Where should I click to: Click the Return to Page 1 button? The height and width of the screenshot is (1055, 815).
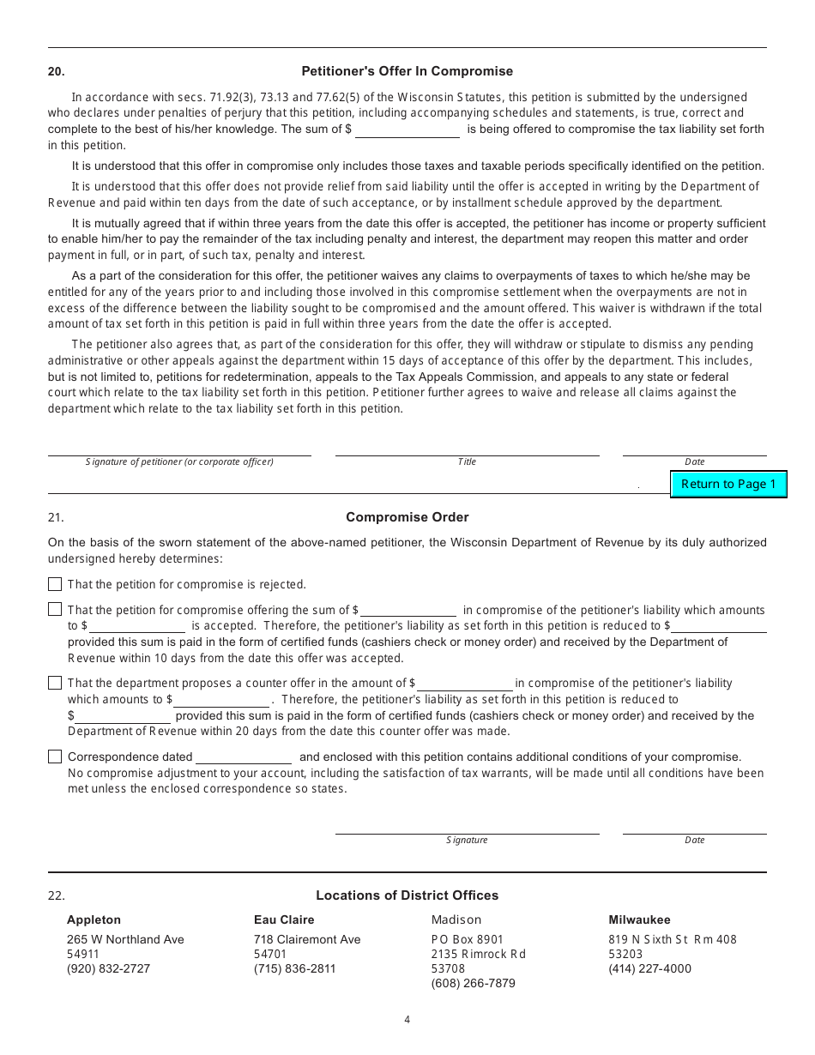[727, 484]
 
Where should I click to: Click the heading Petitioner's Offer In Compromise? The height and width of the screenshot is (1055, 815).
[407, 71]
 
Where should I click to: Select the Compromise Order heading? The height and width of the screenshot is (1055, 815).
[407, 517]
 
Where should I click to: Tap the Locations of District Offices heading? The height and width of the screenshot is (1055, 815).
[407, 895]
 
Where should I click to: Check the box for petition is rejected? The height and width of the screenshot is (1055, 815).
[55, 584]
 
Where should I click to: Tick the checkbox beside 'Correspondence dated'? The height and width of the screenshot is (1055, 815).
[55, 757]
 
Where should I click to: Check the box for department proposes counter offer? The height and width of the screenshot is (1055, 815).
[55, 683]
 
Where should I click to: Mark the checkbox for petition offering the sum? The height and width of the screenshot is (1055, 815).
[55, 610]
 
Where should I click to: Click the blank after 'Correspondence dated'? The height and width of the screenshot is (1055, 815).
[244, 757]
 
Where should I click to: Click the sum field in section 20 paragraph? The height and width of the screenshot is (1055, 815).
[407, 130]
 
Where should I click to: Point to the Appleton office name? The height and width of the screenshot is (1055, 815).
[94, 920]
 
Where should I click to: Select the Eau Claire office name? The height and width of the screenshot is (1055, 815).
[284, 920]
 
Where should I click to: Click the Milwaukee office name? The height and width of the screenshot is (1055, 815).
[639, 920]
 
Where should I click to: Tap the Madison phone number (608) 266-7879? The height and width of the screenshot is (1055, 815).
[473, 984]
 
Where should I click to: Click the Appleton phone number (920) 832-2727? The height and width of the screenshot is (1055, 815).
[108, 969]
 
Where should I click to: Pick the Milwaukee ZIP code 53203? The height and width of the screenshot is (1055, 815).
[625, 954]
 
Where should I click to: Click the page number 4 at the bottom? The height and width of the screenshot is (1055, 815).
[407, 1020]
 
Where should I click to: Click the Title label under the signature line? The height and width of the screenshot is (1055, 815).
[467, 462]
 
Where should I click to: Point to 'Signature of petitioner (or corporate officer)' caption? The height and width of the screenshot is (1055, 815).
[179, 462]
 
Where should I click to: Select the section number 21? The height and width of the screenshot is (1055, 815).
[56, 517]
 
